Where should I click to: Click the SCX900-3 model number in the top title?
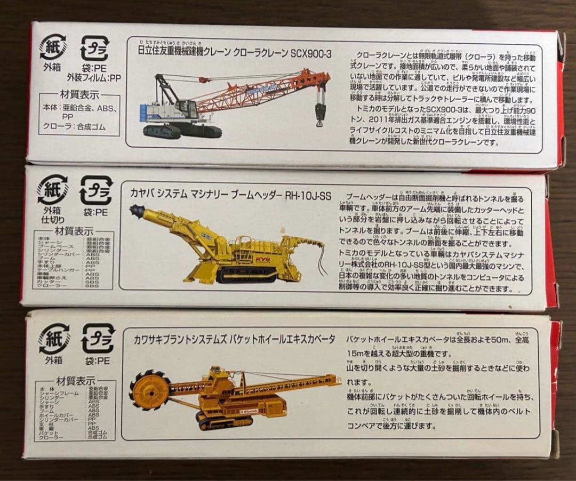click(311, 53)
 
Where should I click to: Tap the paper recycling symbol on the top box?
click(53, 47)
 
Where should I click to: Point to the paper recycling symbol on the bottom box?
click(53, 338)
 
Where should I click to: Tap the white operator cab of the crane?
click(185, 110)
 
